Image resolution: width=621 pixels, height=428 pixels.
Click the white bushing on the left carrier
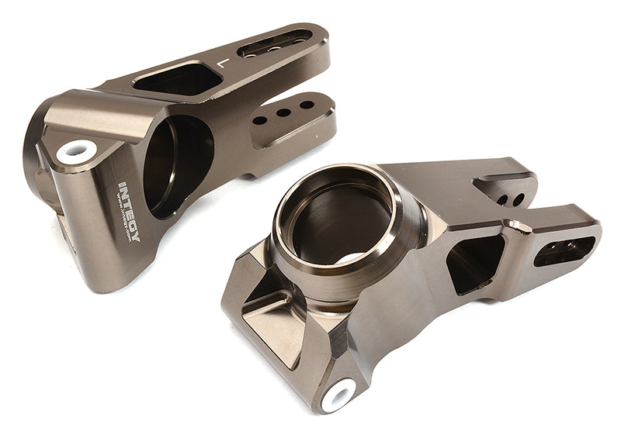pyautogui.click(x=77, y=150)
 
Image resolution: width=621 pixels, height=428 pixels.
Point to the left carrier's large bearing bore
pyautogui.click(x=178, y=164)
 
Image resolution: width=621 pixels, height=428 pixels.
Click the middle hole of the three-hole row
pyautogui.click(x=283, y=112)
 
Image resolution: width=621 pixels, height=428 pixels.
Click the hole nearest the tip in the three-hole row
pyautogui.click(x=307, y=105)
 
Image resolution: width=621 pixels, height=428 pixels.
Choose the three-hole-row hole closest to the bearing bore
pyautogui.click(x=260, y=119)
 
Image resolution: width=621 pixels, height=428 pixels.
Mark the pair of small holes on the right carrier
pyautogui.click(x=510, y=200)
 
